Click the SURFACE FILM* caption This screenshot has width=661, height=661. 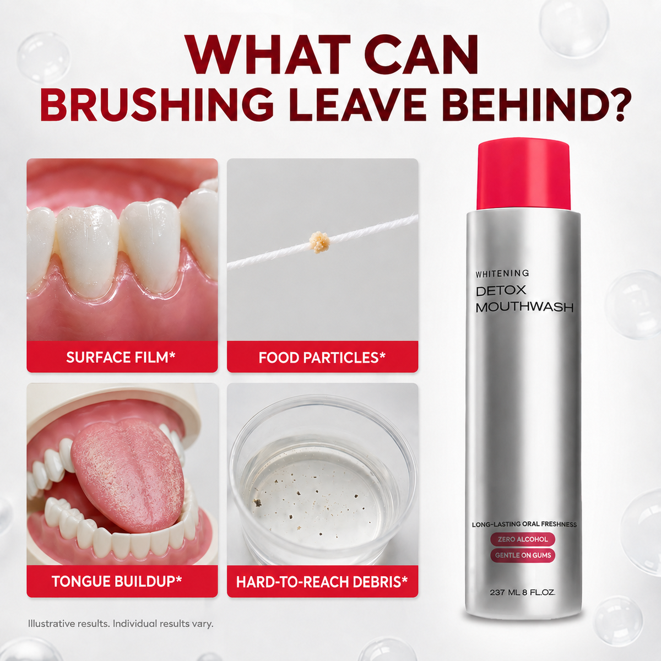pos(121,357)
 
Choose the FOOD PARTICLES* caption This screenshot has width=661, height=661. pos(322,357)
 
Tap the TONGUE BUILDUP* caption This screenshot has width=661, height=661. pos(117,582)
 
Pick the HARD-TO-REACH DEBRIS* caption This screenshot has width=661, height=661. pos(322,582)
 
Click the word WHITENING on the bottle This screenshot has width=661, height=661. pos(502,273)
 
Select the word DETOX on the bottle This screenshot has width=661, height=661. pos(501,290)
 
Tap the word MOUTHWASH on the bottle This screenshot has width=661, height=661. pos(524,307)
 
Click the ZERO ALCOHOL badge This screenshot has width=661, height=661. pos(523,539)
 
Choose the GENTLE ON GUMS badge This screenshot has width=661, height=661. pos(523,555)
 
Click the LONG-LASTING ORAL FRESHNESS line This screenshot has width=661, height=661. pos(524,524)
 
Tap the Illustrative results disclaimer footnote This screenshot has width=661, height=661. pos(121,623)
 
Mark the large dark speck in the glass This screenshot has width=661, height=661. pos(257,503)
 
